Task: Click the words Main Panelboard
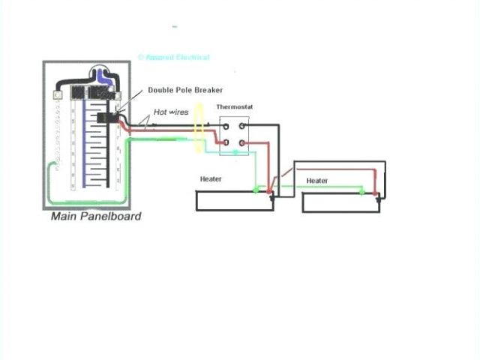tap(95, 217)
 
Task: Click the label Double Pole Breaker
tap(185, 90)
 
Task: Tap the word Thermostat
tap(235, 107)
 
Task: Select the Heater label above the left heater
tap(211, 179)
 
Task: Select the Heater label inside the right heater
tap(317, 181)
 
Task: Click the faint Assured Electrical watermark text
tap(173, 57)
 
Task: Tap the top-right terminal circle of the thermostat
tap(241, 125)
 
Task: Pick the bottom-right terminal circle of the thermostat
tap(241, 142)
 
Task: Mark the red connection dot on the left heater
tap(269, 193)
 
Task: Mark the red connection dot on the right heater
tap(375, 193)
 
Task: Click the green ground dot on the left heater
tap(256, 190)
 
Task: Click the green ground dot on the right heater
tap(362, 191)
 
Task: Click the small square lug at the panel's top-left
tap(57, 97)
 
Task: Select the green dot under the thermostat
tap(235, 153)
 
